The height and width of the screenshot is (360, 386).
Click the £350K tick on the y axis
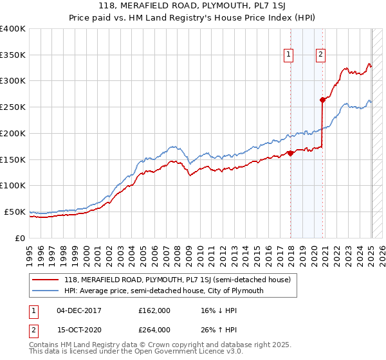(13, 55)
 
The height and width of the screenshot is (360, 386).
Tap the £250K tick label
(13, 107)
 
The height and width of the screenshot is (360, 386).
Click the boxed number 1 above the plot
(289, 55)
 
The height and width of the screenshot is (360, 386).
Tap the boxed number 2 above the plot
(320, 55)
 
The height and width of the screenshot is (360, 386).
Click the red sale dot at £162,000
(290, 153)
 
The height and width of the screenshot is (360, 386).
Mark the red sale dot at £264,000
(322, 100)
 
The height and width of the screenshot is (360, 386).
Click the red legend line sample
(45, 280)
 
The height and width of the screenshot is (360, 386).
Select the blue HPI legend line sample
(45, 291)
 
